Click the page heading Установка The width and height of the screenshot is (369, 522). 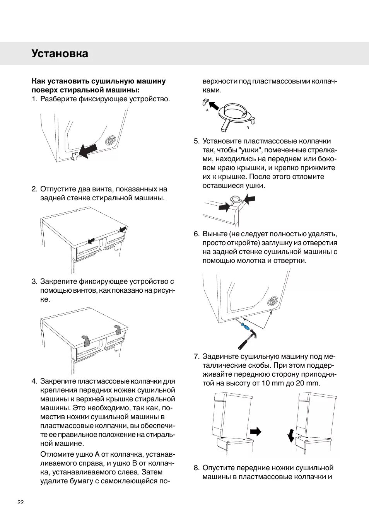pyautogui.click(x=60, y=53)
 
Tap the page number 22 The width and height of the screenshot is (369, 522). pyautogui.click(x=20, y=502)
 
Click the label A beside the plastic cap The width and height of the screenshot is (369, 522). pyautogui.click(x=207, y=110)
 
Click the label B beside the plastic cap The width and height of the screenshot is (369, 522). pyautogui.click(x=248, y=128)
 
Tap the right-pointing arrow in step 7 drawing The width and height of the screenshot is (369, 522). pyautogui.click(x=256, y=432)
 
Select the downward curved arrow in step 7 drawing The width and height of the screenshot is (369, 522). pyautogui.click(x=291, y=435)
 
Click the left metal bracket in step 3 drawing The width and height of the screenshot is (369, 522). pyautogui.click(x=86, y=340)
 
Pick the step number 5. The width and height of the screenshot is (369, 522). pyautogui.click(x=196, y=141)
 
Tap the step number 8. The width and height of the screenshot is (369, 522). pyautogui.click(x=196, y=468)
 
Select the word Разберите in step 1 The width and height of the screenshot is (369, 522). pyautogui.click(x=58, y=99)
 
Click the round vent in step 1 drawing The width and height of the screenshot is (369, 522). pyautogui.click(x=111, y=140)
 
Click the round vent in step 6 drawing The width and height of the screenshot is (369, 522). pyautogui.click(x=273, y=301)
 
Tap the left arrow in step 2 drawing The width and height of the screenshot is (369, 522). pyautogui.click(x=91, y=241)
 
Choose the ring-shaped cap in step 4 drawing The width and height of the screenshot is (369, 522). pyautogui.click(x=234, y=112)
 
